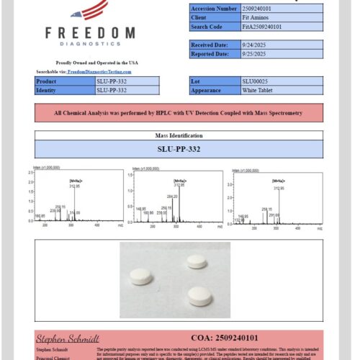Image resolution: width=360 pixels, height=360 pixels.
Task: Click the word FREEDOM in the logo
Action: click(89, 33)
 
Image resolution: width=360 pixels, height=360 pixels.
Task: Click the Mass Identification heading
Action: click(179, 135)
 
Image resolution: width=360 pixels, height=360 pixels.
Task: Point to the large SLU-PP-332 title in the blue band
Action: click(179, 150)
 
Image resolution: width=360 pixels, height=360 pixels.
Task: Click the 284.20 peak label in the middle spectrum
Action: click(171, 196)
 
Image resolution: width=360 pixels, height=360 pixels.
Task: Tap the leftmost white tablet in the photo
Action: click(141, 276)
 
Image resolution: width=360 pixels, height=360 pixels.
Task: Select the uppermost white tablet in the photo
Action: click(197, 261)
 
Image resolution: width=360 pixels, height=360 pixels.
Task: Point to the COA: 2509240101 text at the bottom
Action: click(225, 337)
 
